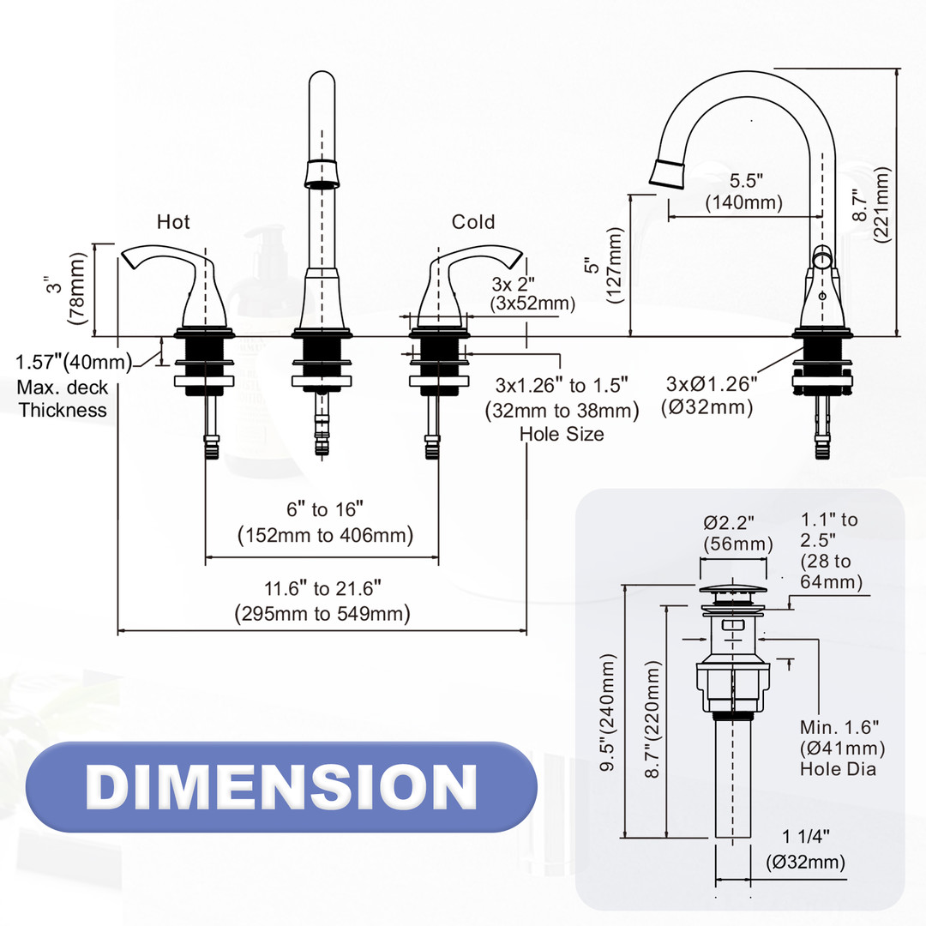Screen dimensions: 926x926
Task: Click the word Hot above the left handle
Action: [173, 222]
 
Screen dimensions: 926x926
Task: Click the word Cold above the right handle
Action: [473, 222]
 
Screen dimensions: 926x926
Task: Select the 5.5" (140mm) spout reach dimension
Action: [744, 192]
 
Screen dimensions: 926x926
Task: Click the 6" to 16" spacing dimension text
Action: [325, 523]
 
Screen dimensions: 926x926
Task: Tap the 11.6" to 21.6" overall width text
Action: [322, 601]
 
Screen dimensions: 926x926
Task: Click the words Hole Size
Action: [562, 434]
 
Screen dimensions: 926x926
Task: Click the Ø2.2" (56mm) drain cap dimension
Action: [738, 532]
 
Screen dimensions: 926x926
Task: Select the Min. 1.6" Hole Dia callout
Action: [841, 748]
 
